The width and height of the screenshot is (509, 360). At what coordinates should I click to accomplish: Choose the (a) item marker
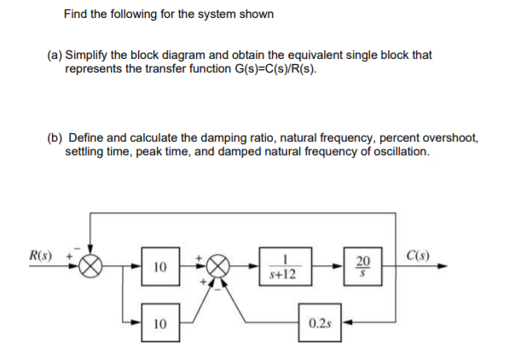(x=54, y=55)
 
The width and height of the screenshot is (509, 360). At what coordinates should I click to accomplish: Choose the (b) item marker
(x=54, y=138)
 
